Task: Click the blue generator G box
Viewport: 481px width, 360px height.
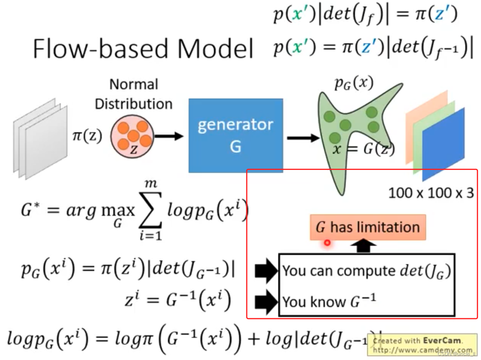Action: point(235,135)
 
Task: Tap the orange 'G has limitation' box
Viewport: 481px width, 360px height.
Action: point(368,227)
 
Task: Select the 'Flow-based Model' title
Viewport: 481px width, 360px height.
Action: point(143,49)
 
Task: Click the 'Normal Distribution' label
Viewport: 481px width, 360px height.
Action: point(134,94)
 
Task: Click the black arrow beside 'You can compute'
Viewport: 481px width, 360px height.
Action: point(267,271)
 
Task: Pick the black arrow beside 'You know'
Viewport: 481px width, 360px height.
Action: point(267,302)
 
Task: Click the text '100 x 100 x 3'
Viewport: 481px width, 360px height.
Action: point(431,192)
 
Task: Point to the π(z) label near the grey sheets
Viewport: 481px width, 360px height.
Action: point(87,136)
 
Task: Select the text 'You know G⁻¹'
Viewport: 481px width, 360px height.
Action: point(329,302)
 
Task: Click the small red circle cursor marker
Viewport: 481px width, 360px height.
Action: point(327,242)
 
